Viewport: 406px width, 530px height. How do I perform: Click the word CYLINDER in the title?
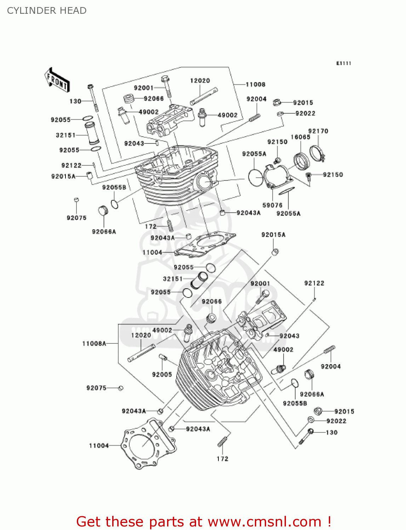(x=27, y=11)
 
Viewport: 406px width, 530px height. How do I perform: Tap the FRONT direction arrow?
(x=57, y=80)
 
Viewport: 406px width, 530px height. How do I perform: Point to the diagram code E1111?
(x=343, y=63)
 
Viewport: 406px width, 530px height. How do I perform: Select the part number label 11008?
(x=255, y=84)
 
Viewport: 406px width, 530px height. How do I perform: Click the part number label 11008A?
(x=94, y=343)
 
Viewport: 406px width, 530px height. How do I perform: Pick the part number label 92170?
(x=318, y=131)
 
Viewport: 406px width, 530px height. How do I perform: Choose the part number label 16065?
(x=300, y=137)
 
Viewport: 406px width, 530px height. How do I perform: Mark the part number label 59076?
(x=272, y=205)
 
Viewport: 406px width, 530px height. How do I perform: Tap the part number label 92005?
(x=162, y=375)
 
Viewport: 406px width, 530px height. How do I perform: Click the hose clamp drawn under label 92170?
(x=317, y=153)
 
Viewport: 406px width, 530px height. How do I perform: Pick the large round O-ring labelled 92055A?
(x=256, y=177)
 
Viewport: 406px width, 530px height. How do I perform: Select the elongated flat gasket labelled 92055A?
(x=286, y=192)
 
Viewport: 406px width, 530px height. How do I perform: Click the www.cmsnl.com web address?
(x=264, y=522)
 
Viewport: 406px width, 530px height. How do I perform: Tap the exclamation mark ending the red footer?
(x=329, y=522)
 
